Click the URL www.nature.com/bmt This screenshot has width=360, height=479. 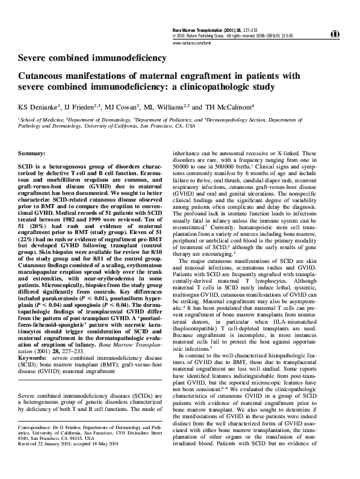(191, 44)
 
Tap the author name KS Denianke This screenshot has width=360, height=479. (38, 107)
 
